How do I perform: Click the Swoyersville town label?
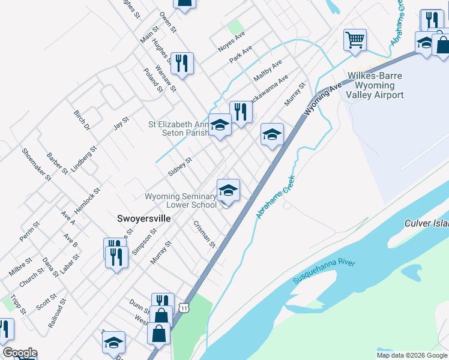pyautogui.click(x=143, y=219)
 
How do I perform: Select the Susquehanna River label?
pyautogui.click(x=324, y=271)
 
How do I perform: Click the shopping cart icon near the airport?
pyautogui.click(x=355, y=41)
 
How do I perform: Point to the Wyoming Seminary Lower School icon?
pyautogui.click(x=228, y=191)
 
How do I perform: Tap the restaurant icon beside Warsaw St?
pyautogui.click(x=182, y=64)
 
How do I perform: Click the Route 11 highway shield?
pyautogui.click(x=186, y=307)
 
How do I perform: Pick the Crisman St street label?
pyautogui.click(x=204, y=234)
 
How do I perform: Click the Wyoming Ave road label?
pyautogui.click(x=322, y=99)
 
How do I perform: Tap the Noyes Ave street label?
pyautogui.click(x=231, y=42)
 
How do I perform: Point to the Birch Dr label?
pyautogui.click(x=82, y=120)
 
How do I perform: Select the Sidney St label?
pyautogui.click(x=179, y=166)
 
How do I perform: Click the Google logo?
pyautogui.click(x=20, y=353)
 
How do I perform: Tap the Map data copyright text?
pyautogui.click(x=412, y=355)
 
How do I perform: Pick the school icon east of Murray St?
pyautogui.click(x=272, y=135)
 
